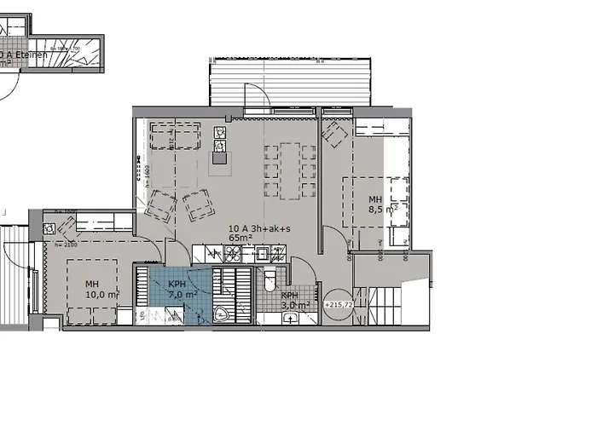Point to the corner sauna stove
tap(223, 312)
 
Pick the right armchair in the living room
tap(198, 204)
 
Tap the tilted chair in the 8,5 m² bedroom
tap(333, 132)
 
